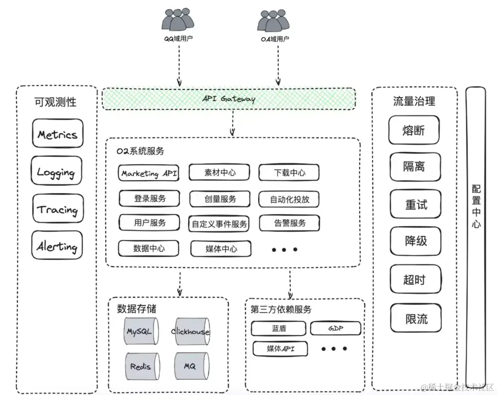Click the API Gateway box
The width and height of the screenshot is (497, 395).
(x=229, y=99)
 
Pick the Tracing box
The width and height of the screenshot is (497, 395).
(x=58, y=209)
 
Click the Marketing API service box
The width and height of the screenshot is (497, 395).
(x=149, y=173)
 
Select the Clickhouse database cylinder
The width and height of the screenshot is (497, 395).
(x=190, y=331)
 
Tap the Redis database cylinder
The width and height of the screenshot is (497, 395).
(x=141, y=366)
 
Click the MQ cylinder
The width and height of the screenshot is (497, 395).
(x=190, y=366)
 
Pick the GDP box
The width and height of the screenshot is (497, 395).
(x=335, y=328)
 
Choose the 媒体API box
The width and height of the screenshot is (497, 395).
(x=280, y=349)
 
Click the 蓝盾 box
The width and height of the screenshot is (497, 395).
(x=279, y=329)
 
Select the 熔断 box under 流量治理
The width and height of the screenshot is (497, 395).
(x=414, y=130)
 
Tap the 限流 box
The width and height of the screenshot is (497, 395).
(x=416, y=319)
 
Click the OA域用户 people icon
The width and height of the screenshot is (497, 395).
(x=275, y=21)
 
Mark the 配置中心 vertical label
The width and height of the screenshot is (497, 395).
(x=476, y=206)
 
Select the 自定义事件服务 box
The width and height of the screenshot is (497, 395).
(x=220, y=224)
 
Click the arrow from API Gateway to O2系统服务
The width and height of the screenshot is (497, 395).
(x=233, y=123)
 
